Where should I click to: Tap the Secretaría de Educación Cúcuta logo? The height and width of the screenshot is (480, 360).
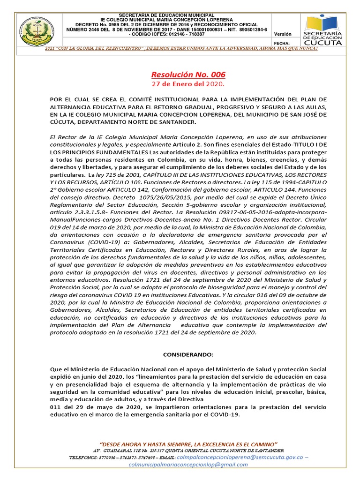[323, 30]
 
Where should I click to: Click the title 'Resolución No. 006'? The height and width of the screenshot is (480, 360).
[188, 75]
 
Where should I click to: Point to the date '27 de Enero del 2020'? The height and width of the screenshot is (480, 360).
[188, 84]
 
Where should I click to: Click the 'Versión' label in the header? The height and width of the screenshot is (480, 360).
[282, 34]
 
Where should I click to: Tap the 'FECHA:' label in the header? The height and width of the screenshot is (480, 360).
[284, 43]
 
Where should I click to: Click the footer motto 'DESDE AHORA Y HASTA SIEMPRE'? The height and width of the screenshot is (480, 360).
[188, 443]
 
